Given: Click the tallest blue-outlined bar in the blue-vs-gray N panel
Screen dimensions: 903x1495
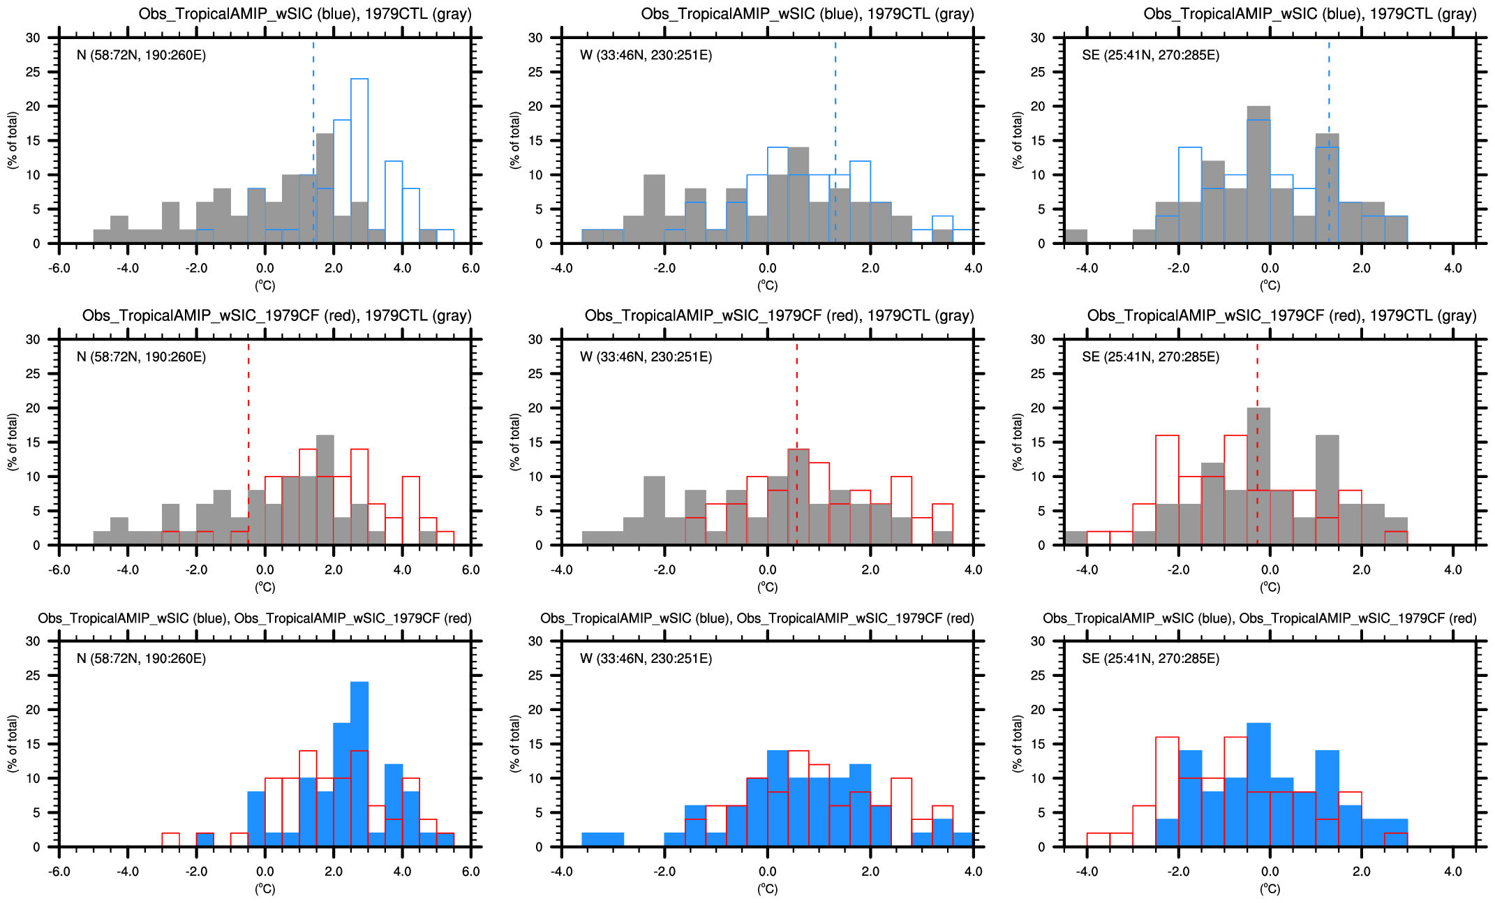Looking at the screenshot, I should pos(359,161).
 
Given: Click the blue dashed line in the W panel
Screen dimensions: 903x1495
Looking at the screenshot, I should pos(835,140).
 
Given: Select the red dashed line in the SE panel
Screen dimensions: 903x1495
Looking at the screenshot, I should pos(1258,447).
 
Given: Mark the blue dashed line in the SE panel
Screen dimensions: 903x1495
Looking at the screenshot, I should pos(1329,140).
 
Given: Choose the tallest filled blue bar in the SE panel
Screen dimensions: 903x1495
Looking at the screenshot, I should pos(1258,785).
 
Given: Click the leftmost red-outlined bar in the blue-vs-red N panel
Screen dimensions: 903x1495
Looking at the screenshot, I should pos(170,840).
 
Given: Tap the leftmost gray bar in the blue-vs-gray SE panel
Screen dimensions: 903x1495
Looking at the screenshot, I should pos(1076,237).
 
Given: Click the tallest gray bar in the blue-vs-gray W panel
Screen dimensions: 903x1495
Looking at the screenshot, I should pos(798,195).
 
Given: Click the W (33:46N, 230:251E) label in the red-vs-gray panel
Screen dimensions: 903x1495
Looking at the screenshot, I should pos(646,357).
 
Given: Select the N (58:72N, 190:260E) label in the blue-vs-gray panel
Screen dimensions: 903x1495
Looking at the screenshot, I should pos(141,55).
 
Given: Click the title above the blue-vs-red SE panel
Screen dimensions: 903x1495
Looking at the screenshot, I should pos(1259,618).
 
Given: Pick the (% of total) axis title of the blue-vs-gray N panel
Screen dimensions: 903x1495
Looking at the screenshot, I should pos(13,140).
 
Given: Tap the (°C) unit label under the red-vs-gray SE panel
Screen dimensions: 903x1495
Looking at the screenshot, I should pos(1270,588).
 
